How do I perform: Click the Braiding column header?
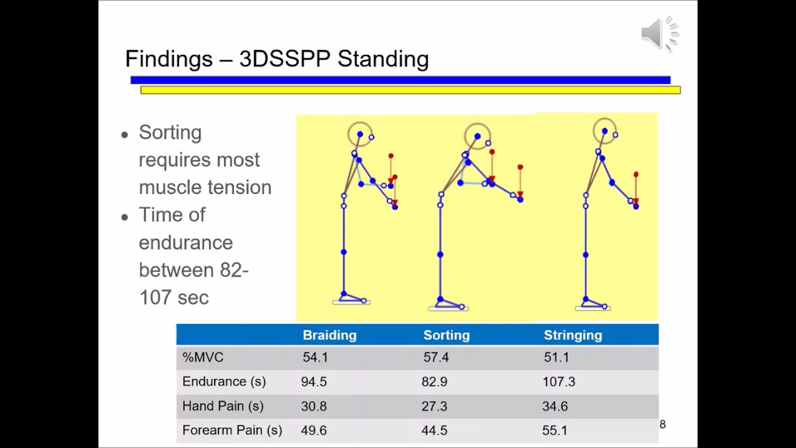[330, 335]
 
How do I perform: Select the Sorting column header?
[446, 335]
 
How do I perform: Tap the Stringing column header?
[573, 335]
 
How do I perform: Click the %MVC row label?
[203, 358]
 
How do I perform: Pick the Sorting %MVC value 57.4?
[436, 358]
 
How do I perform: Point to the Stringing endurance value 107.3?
[558, 382]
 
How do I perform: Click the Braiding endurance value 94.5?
[314, 382]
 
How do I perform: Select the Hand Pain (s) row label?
[223, 406]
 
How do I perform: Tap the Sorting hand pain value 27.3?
[434, 406]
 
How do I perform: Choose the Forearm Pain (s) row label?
[232, 431]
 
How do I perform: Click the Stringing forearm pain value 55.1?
[555, 431]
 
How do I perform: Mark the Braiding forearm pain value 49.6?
[314, 431]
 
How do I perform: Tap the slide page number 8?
[662, 424]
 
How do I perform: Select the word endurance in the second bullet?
[185, 243]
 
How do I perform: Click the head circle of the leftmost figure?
[359, 134]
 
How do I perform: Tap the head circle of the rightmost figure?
[604, 131]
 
